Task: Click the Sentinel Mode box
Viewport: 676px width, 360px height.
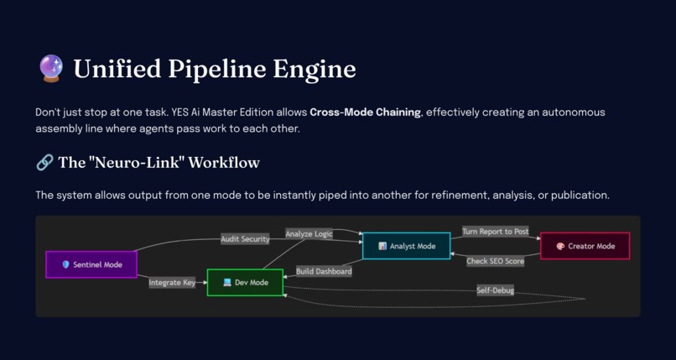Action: [91, 264]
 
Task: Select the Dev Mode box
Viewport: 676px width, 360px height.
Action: [245, 283]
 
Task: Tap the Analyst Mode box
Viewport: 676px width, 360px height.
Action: [406, 246]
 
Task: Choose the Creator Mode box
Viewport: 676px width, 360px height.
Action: [585, 246]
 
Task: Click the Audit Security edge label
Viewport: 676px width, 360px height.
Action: [245, 239]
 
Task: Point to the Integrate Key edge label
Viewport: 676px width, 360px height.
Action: [172, 283]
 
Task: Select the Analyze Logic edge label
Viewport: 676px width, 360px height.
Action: [309, 234]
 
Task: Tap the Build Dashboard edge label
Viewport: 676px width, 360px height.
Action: [324, 271]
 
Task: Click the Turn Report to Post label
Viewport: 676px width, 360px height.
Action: [495, 232]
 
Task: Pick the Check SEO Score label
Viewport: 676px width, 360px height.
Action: [495, 261]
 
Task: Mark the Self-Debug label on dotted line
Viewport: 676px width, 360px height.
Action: [495, 290]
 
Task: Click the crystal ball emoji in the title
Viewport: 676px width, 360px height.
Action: [51, 68]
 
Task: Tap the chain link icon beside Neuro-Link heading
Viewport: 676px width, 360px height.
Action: [44, 162]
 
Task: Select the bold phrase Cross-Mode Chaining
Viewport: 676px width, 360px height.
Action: [365, 112]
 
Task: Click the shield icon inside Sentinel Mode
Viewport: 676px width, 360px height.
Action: [66, 264]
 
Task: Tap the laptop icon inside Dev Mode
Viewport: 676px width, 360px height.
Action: [226, 283]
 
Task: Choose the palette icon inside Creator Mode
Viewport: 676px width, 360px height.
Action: [560, 246]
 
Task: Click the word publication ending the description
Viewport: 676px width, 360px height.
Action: [578, 196]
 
